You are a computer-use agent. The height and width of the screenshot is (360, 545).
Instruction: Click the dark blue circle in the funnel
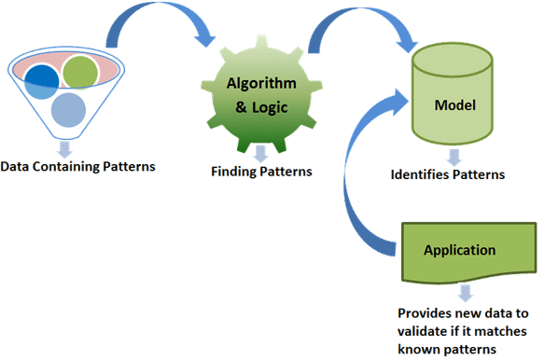click(x=43, y=80)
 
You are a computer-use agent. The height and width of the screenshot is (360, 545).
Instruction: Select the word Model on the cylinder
click(x=454, y=104)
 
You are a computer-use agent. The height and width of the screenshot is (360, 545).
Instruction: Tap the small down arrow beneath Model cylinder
click(x=453, y=157)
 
